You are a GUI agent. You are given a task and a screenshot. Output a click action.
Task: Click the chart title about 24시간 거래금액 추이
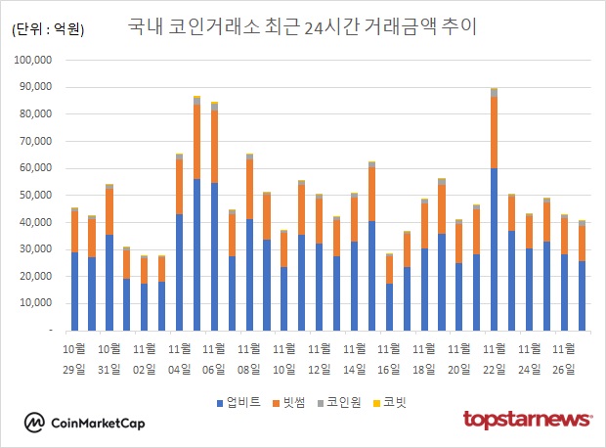coord(303,26)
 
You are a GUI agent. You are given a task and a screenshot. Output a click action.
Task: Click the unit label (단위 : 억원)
coord(49,30)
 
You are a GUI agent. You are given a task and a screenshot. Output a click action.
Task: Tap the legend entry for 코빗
coord(390,402)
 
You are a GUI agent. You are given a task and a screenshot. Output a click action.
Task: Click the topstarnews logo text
coord(527,420)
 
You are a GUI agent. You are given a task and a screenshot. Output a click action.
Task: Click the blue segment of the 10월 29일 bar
coord(74,291)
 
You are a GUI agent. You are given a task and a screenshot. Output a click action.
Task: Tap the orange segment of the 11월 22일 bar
coord(495,133)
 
